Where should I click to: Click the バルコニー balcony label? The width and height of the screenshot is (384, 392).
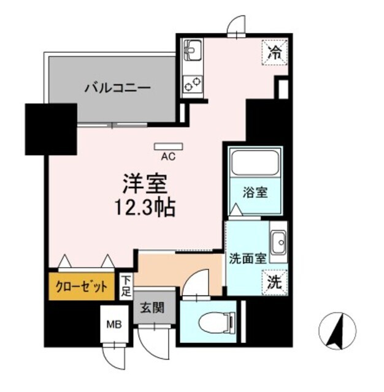pos(117,88)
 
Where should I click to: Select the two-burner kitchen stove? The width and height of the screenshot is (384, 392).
pos(192,83)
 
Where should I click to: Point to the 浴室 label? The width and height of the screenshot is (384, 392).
pos(254,192)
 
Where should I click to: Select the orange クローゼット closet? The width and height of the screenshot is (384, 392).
pos(82,286)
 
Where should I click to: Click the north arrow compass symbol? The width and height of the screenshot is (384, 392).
pos(336,331)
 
